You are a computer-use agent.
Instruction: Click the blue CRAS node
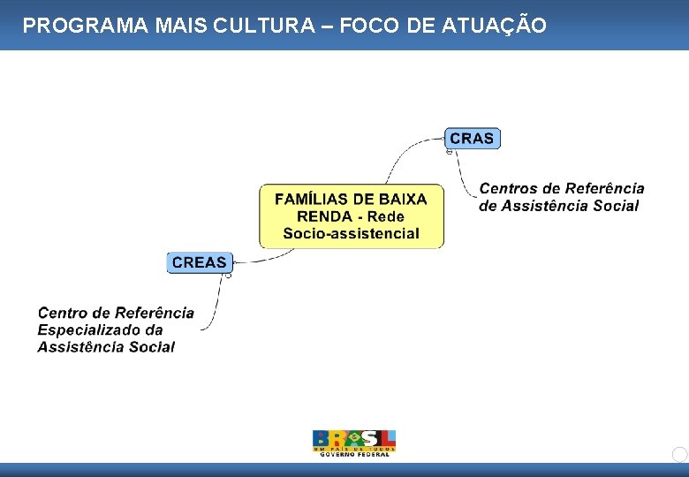473,138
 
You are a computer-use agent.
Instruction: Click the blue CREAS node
200,262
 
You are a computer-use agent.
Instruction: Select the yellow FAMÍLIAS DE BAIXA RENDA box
351,216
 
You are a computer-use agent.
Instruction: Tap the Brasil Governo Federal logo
354,443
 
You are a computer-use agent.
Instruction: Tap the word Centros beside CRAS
508,188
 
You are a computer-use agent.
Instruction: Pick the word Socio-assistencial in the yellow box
351,234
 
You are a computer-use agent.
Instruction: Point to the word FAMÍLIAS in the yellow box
312,199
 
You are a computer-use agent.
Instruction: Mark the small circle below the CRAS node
449,152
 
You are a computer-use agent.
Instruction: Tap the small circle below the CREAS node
228,276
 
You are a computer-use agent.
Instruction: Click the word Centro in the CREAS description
62,312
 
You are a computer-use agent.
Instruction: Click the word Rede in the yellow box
385,216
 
